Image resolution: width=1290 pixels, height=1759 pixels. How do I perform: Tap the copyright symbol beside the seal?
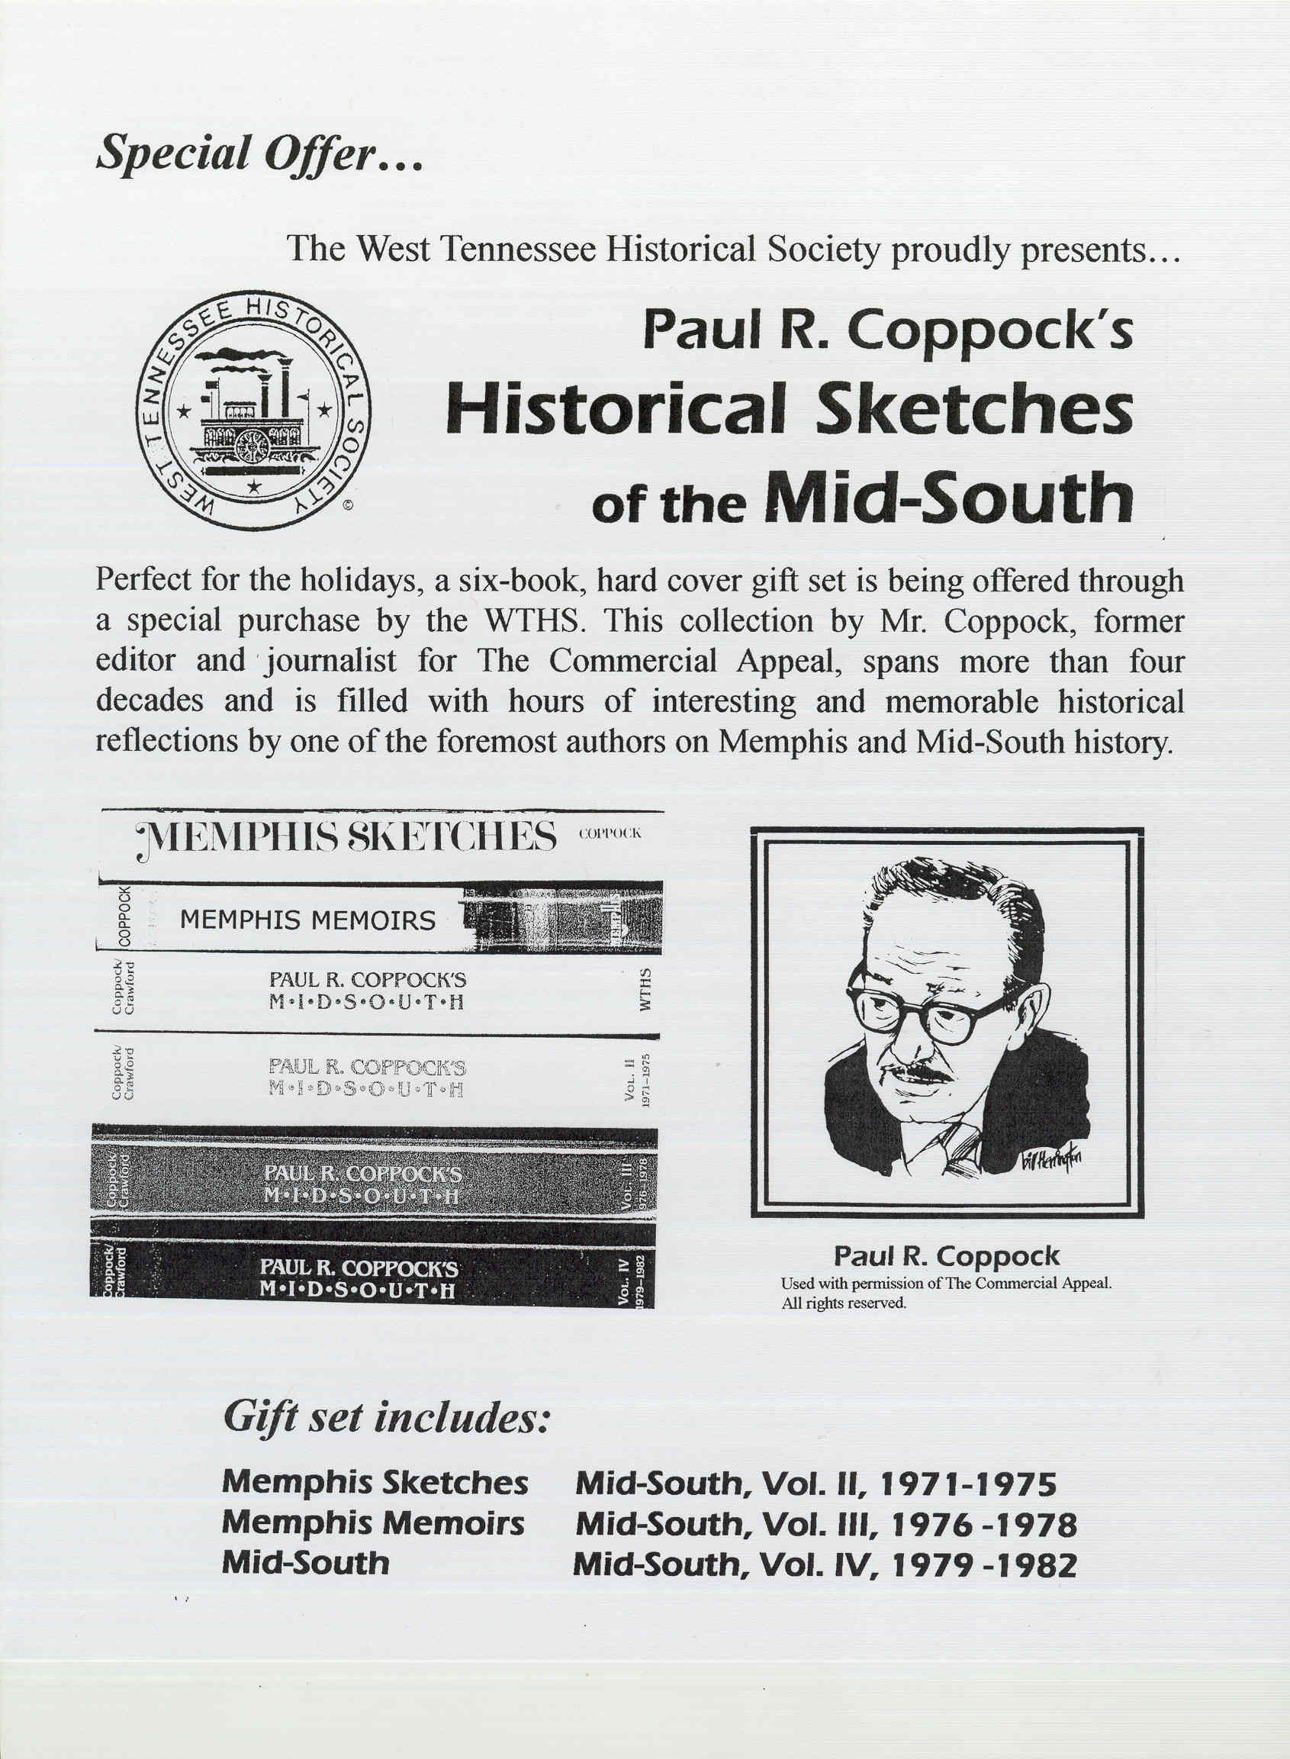coord(349,505)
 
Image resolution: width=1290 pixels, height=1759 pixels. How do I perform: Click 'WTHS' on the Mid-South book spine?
coord(645,991)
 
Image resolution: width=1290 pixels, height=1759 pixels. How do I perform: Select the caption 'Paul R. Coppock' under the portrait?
coord(947,1256)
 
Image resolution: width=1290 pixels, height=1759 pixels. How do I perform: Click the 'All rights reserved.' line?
coord(844,1303)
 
